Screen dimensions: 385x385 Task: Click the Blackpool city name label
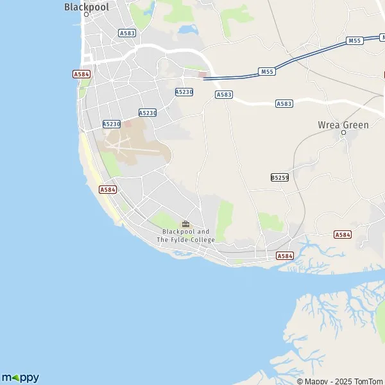coord(87,6)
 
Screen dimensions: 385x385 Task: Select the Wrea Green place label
coord(343,124)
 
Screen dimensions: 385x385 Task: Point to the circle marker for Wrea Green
coord(343,133)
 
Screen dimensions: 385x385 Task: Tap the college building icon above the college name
coord(185,224)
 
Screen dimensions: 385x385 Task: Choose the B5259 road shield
coord(279,176)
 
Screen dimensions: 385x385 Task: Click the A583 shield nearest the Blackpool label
coord(127,32)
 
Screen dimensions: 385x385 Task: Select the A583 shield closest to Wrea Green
coord(284,103)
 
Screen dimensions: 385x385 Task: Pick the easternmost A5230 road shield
coord(184,92)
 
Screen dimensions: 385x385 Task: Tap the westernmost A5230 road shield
coord(112,124)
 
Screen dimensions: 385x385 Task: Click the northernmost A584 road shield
coord(81,74)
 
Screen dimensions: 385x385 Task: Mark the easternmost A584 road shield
coord(343,235)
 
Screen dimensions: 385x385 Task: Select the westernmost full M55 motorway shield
coord(268,71)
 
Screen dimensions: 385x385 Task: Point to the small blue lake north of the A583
coord(189,29)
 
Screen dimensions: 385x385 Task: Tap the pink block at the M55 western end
coord(203,74)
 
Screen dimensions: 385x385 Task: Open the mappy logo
coord(21,377)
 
